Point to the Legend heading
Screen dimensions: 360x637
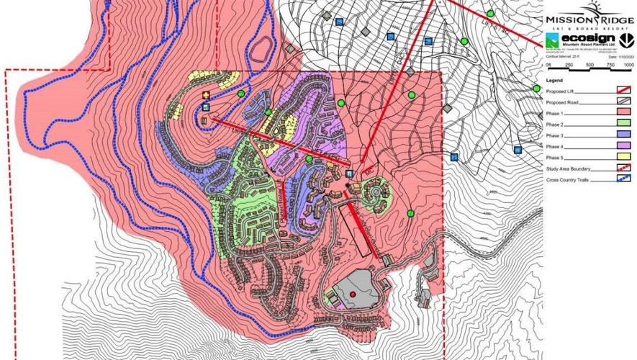click(554, 80)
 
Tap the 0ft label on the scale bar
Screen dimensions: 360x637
click(548, 65)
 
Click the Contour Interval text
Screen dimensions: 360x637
click(562, 55)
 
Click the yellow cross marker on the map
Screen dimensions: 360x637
click(207, 95)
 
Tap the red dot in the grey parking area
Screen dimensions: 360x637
click(353, 294)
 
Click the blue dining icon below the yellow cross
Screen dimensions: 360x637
click(207, 107)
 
